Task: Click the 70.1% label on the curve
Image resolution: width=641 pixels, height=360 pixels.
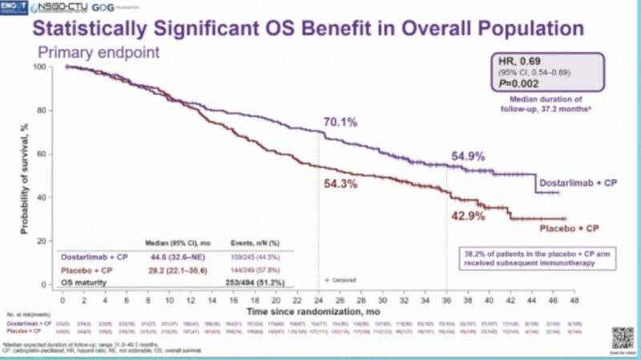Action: click(340, 123)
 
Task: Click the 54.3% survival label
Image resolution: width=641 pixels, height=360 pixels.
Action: click(340, 184)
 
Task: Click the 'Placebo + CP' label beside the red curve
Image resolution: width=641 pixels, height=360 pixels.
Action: click(571, 229)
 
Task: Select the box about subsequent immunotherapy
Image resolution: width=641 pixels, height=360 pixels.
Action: click(528, 257)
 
